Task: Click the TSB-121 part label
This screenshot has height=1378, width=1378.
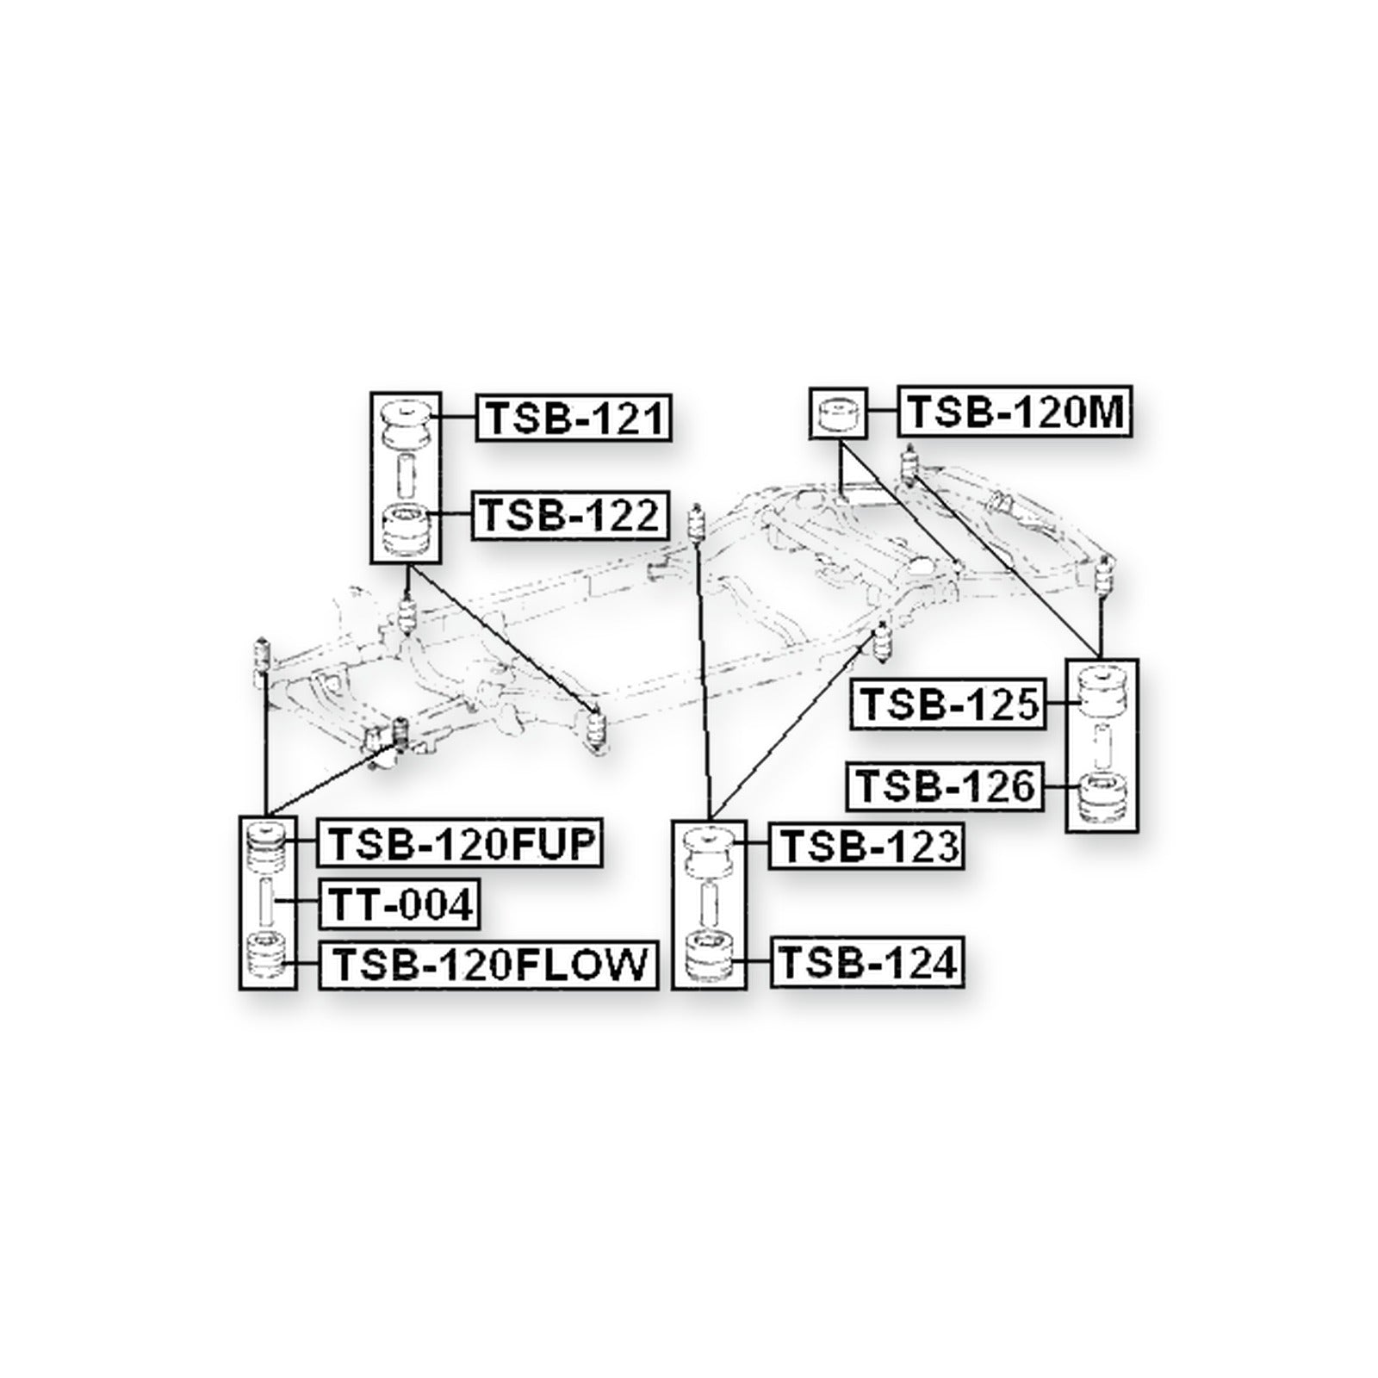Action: point(574,418)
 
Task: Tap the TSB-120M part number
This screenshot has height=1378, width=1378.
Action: point(1016,412)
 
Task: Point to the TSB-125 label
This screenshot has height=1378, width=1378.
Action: point(947,705)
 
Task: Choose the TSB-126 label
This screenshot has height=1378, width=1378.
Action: point(945,786)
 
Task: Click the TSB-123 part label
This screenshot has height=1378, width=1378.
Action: point(866,846)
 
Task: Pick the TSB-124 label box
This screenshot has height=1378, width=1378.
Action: point(867,962)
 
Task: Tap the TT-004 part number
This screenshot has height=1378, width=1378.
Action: point(399,904)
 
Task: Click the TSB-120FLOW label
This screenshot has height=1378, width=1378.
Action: point(488,964)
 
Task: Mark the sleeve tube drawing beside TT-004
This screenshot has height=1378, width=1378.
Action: point(267,903)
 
